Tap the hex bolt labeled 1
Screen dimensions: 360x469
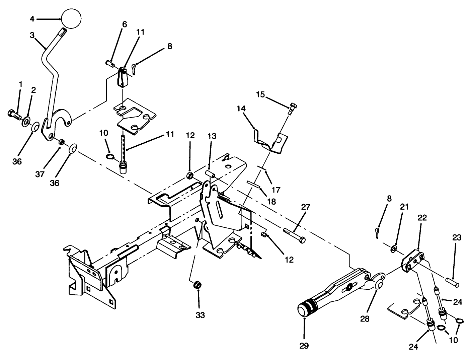(13, 115)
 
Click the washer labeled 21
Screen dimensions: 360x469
(394, 248)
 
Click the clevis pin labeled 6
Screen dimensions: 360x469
(110, 62)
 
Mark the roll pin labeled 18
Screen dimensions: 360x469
(254, 185)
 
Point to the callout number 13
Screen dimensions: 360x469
(212, 136)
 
